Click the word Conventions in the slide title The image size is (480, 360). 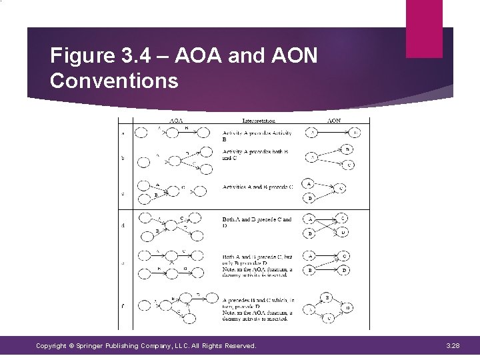pyautogui.click(x=114, y=81)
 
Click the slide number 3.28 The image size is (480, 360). pyautogui.click(x=454, y=346)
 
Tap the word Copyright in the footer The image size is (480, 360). pyautogui.click(x=52, y=346)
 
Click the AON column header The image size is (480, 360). pyautogui.click(x=333, y=121)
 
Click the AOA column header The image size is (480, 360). pyautogui.click(x=176, y=121)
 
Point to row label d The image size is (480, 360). pyautogui.click(x=122, y=225)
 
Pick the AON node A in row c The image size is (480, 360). pyautogui.click(x=309, y=183)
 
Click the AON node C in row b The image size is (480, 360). pyautogui.click(x=349, y=165)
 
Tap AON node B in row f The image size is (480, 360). pyautogui.click(x=327, y=297)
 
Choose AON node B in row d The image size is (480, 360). pyautogui.click(x=309, y=233)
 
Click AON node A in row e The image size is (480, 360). pyautogui.click(x=309, y=257)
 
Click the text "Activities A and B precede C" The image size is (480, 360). pyautogui.click(x=257, y=187)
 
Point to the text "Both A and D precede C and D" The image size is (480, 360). pyautogui.click(x=257, y=222)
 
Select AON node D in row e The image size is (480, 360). pyautogui.click(x=344, y=270)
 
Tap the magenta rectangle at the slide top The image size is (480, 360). pyautogui.click(x=424, y=27)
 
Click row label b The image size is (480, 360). pyautogui.click(x=122, y=159)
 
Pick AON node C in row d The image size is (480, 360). pyautogui.click(x=343, y=219)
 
